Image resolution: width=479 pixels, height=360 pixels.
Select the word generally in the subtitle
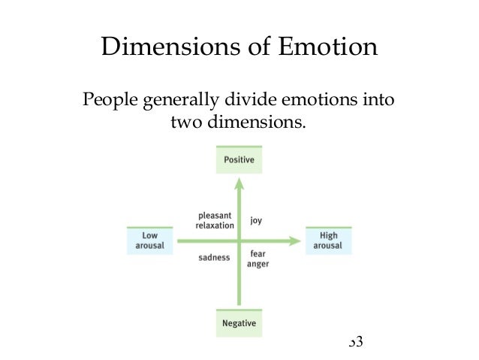pyautogui.click(x=179, y=101)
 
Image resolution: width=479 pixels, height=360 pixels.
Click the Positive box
pyautogui.click(x=239, y=160)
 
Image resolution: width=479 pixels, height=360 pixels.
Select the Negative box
pyautogui.click(x=239, y=323)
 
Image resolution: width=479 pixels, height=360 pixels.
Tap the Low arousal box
pyautogui.click(x=149, y=241)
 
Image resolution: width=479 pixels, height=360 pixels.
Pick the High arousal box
pyautogui.click(x=328, y=241)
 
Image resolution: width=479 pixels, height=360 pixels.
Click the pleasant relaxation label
pyautogui.click(x=215, y=219)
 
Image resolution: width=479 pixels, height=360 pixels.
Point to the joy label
pyautogui.click(x=256, y=221)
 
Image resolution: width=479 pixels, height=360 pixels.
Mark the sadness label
pyautogui.click(x=214, y=258)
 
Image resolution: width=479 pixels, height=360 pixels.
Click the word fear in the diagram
pyautogui.click(x=258, y=254)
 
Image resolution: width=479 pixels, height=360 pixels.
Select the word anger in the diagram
pyautogui.click(x=259, y=264)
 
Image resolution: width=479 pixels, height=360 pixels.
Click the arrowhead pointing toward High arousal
pyautogui.click(x=294, y=241)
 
